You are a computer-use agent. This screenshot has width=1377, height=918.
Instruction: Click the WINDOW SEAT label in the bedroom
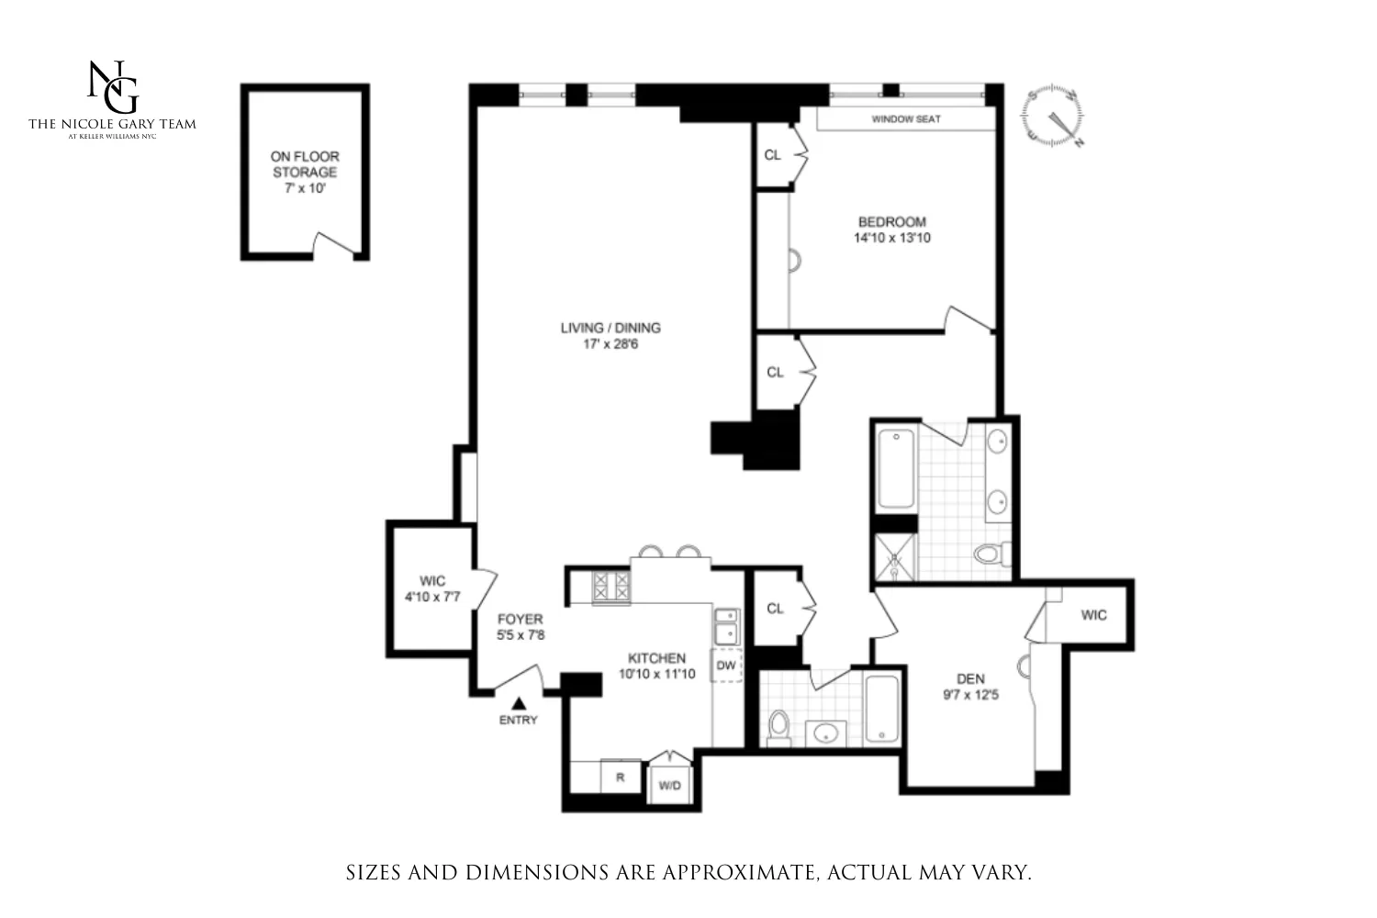[905, 119]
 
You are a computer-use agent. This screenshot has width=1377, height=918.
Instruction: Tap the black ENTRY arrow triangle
[518, 703]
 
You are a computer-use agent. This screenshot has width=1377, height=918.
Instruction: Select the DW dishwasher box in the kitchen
[726, 666]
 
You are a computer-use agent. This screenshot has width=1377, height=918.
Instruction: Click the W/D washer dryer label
[670, 786]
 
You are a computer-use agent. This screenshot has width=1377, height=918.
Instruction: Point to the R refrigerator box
[621, 777]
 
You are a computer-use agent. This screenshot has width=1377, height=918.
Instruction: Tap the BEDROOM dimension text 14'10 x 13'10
[891, 238]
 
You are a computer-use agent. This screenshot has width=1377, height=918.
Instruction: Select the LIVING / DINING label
[610, 328]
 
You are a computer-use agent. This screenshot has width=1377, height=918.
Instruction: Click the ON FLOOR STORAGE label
[305, 164]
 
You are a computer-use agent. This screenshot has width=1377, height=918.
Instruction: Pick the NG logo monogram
[112, 87]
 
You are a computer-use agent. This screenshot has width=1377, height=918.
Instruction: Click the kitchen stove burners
[611, 588]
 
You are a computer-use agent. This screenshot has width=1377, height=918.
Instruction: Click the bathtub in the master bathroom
[896, 469]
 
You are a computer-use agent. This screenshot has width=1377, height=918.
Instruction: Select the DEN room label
[970, 679]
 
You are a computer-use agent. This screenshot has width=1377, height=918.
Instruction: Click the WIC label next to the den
[1093, 615]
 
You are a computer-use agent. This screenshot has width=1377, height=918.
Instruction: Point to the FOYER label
[521, 619]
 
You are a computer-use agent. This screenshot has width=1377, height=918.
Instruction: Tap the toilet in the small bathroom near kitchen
[778, 726]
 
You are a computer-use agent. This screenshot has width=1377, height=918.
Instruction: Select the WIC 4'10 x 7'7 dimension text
[432, 597]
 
